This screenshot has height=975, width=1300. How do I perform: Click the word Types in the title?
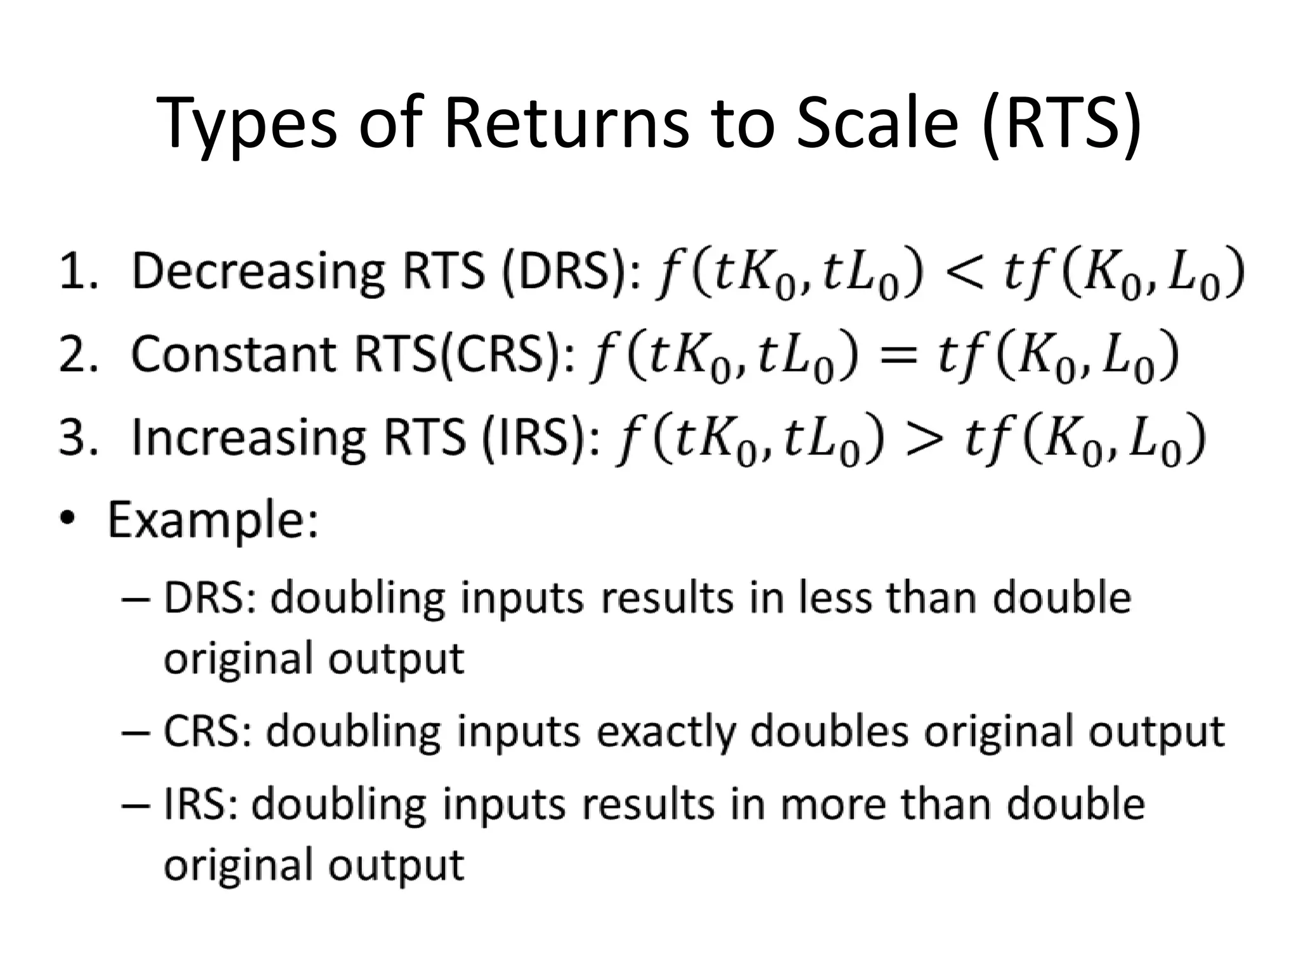[x=248, y=124]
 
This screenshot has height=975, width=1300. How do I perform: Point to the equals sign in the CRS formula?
[x=897, y=355]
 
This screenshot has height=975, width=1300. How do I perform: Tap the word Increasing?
[x=248, y=439]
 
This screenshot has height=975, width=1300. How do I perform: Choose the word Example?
[x=213, y=520]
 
